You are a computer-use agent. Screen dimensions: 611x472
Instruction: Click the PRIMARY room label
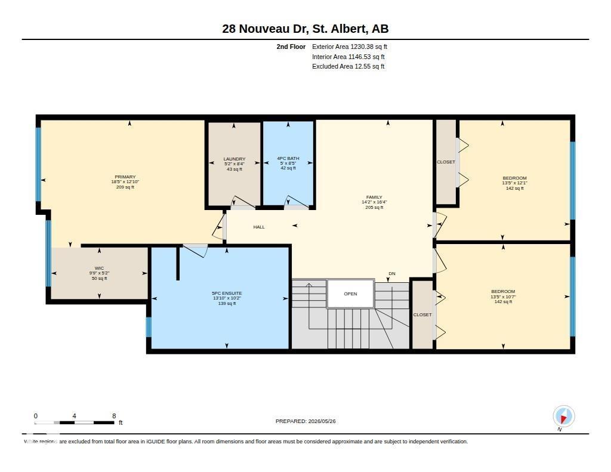click(125, 177)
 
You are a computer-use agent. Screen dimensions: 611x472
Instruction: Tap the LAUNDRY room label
click(234, 159)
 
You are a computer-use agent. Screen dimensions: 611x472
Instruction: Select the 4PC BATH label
click(288, 158)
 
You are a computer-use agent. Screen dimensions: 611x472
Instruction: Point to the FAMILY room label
click(374, 198)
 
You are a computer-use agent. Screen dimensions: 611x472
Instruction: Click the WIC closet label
click(100, 268)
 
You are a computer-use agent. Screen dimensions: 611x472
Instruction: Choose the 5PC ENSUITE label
click(227, 293)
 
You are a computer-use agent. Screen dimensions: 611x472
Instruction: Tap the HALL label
click(259, 227)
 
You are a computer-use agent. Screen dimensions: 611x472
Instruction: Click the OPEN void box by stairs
click(350, 294)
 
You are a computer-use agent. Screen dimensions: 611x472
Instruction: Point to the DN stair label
click(392, 274)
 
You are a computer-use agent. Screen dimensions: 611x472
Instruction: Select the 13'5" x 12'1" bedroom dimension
click(514, 183)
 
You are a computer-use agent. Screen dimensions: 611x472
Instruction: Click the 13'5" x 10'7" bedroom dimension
click(503, 297)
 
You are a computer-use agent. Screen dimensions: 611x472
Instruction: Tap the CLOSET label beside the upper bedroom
click(446, 162)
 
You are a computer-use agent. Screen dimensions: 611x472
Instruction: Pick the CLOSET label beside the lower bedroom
click(422, 314)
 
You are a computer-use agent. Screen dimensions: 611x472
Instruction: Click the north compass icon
click(563, 417)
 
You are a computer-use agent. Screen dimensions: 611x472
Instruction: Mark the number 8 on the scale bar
click(114, 416)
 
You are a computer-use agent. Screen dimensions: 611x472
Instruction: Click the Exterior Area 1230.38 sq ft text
click(350, 47)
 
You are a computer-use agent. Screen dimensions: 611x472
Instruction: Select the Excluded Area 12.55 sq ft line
click(348, 67)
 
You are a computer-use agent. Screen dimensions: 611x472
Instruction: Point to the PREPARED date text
click(305, 421)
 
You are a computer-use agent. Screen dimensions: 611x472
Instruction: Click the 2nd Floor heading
click(291, 47)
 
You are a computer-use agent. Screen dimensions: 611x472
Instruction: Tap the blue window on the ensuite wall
click(149, 327)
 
